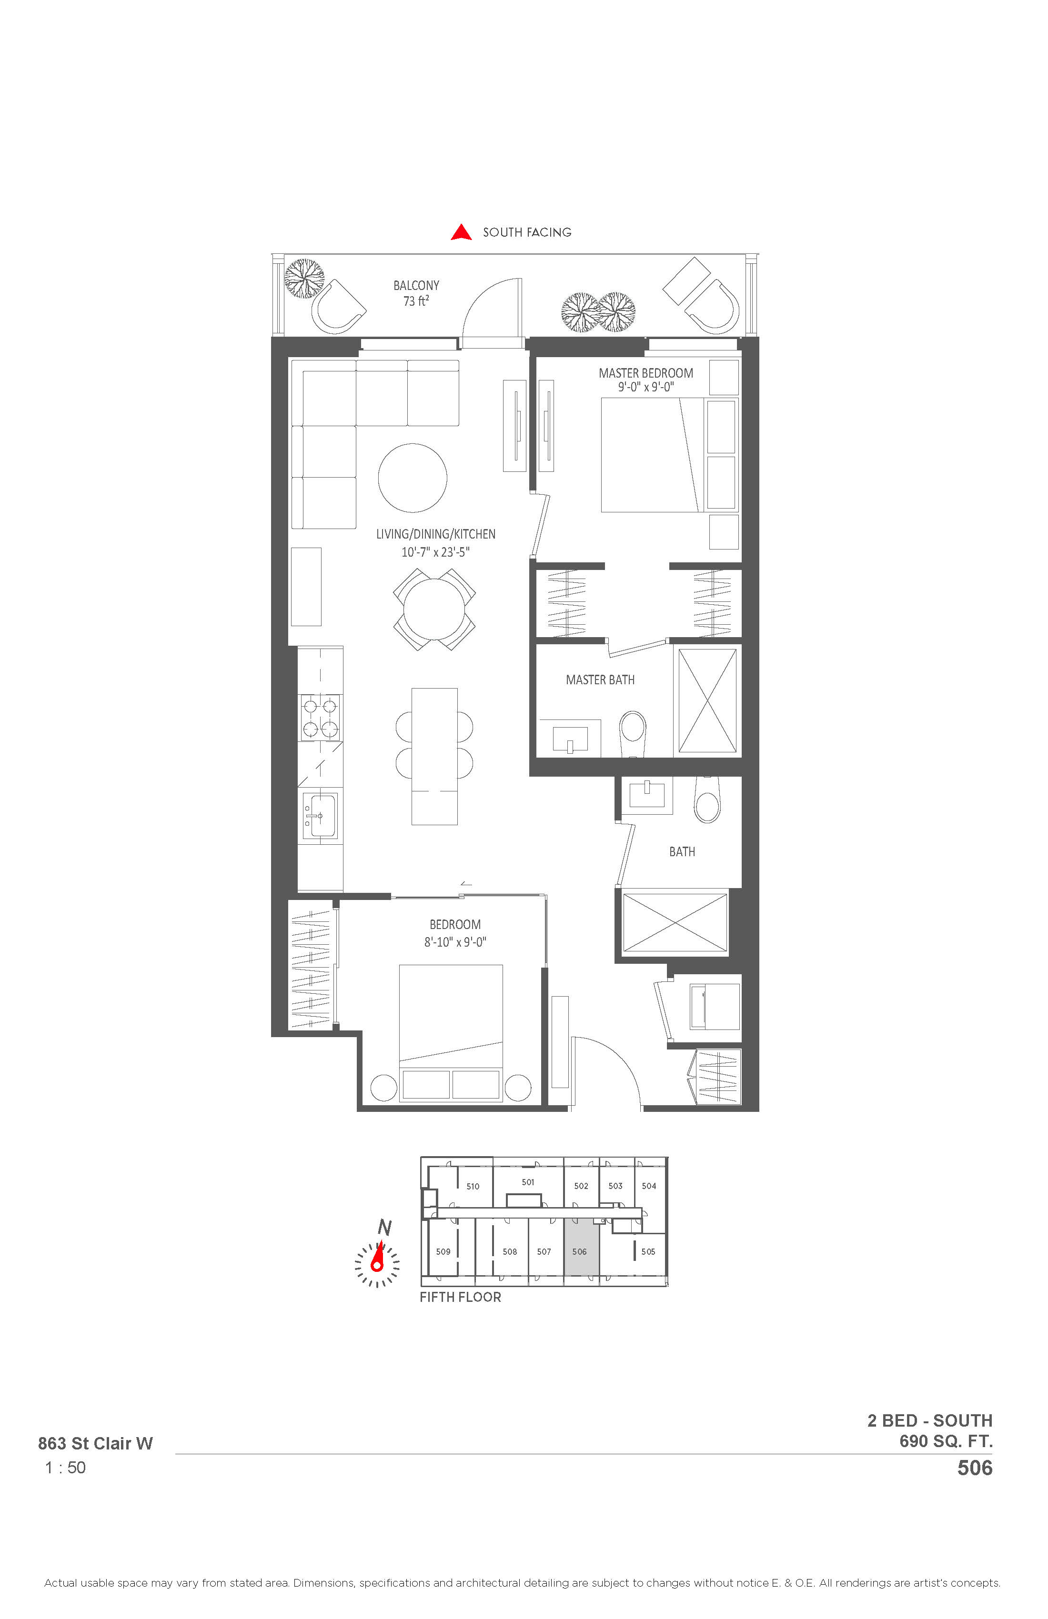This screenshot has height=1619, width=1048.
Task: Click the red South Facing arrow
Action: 462,233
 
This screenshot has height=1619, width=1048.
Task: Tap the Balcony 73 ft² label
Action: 416,293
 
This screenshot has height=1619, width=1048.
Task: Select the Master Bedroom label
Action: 646,373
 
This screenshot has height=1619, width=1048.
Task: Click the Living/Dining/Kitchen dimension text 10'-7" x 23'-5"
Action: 435,552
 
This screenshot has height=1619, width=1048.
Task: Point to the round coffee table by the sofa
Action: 413,478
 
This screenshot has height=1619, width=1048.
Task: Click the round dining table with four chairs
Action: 434,609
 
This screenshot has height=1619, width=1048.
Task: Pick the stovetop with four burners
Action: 320,718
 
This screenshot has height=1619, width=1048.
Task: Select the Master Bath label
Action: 600,680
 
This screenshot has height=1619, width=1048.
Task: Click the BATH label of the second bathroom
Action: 682,852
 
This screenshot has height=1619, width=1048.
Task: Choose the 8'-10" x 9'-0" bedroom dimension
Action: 455,942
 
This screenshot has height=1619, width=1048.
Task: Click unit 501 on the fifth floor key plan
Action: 528,1182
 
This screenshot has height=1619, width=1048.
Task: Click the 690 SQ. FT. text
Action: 946,1441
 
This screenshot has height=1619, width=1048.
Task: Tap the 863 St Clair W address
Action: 95,1443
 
